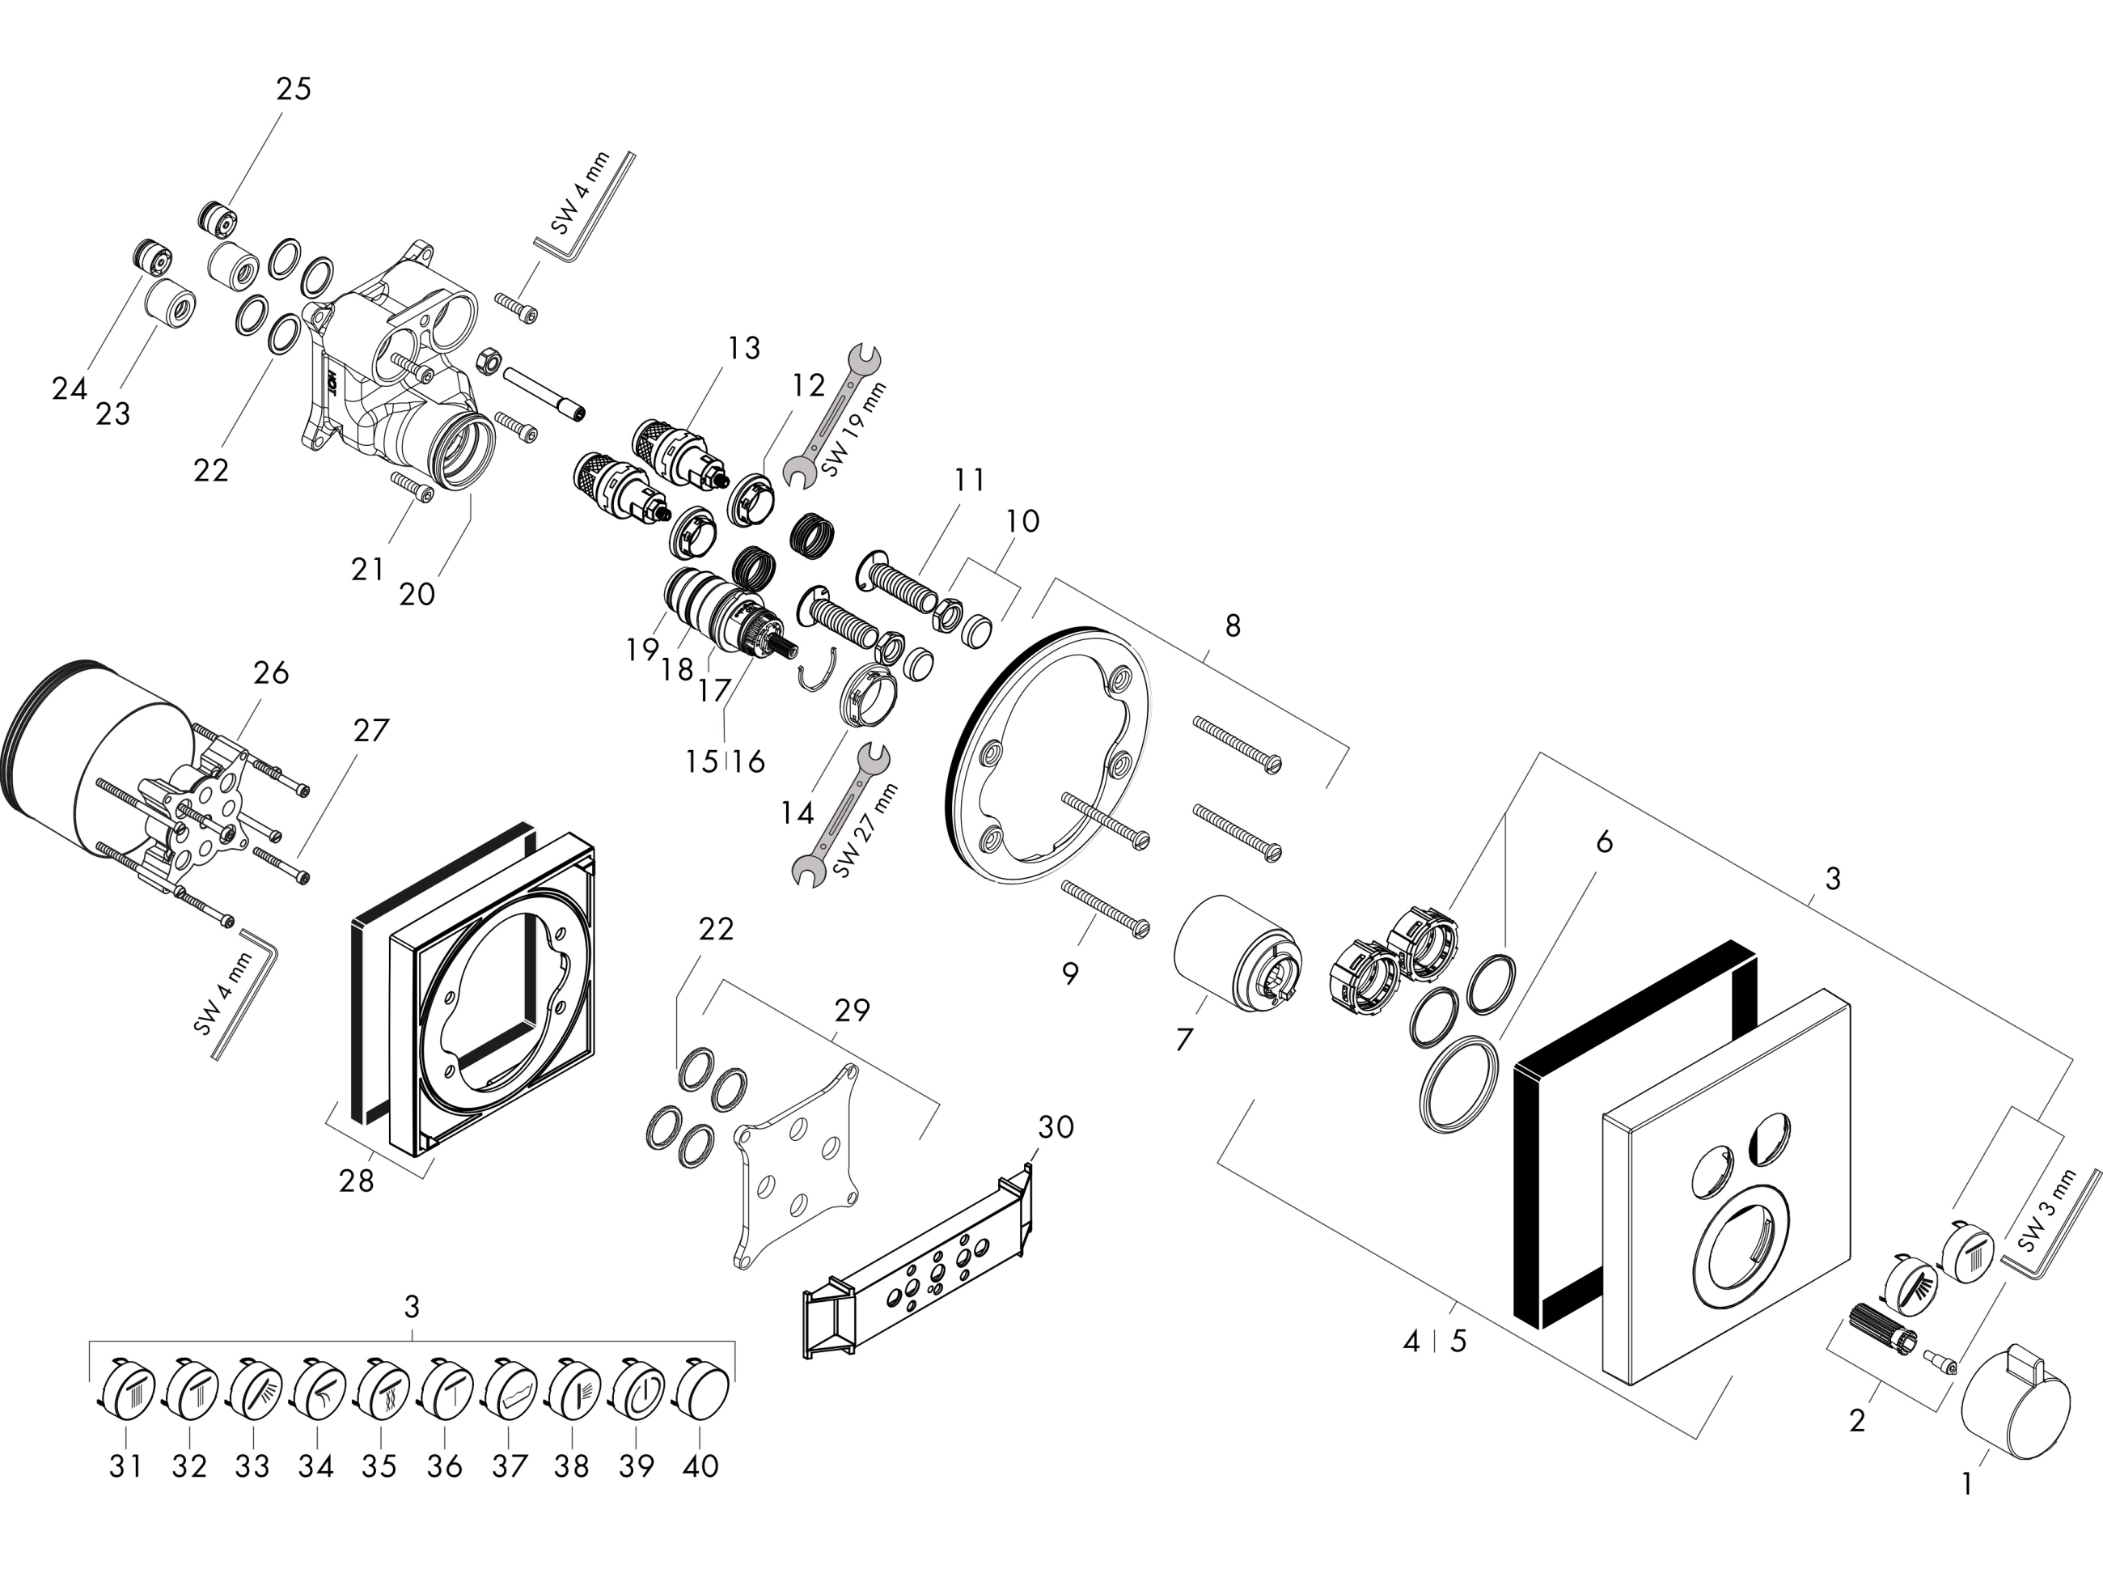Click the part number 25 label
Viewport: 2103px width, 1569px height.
tap(294, 89)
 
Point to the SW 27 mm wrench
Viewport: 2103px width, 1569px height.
tap(842, 815)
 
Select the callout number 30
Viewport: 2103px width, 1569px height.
tap(1055, 1127)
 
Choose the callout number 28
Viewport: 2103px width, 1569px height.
tap(356, 1181)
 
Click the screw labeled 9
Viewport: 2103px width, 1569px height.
tap(1106, 906)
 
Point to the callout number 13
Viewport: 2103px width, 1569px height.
tap(743, 349)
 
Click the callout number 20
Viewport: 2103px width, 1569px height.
tap(416, 595)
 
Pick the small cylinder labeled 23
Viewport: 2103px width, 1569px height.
tap(171, 304)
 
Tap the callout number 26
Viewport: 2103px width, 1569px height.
tap(271, 673)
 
